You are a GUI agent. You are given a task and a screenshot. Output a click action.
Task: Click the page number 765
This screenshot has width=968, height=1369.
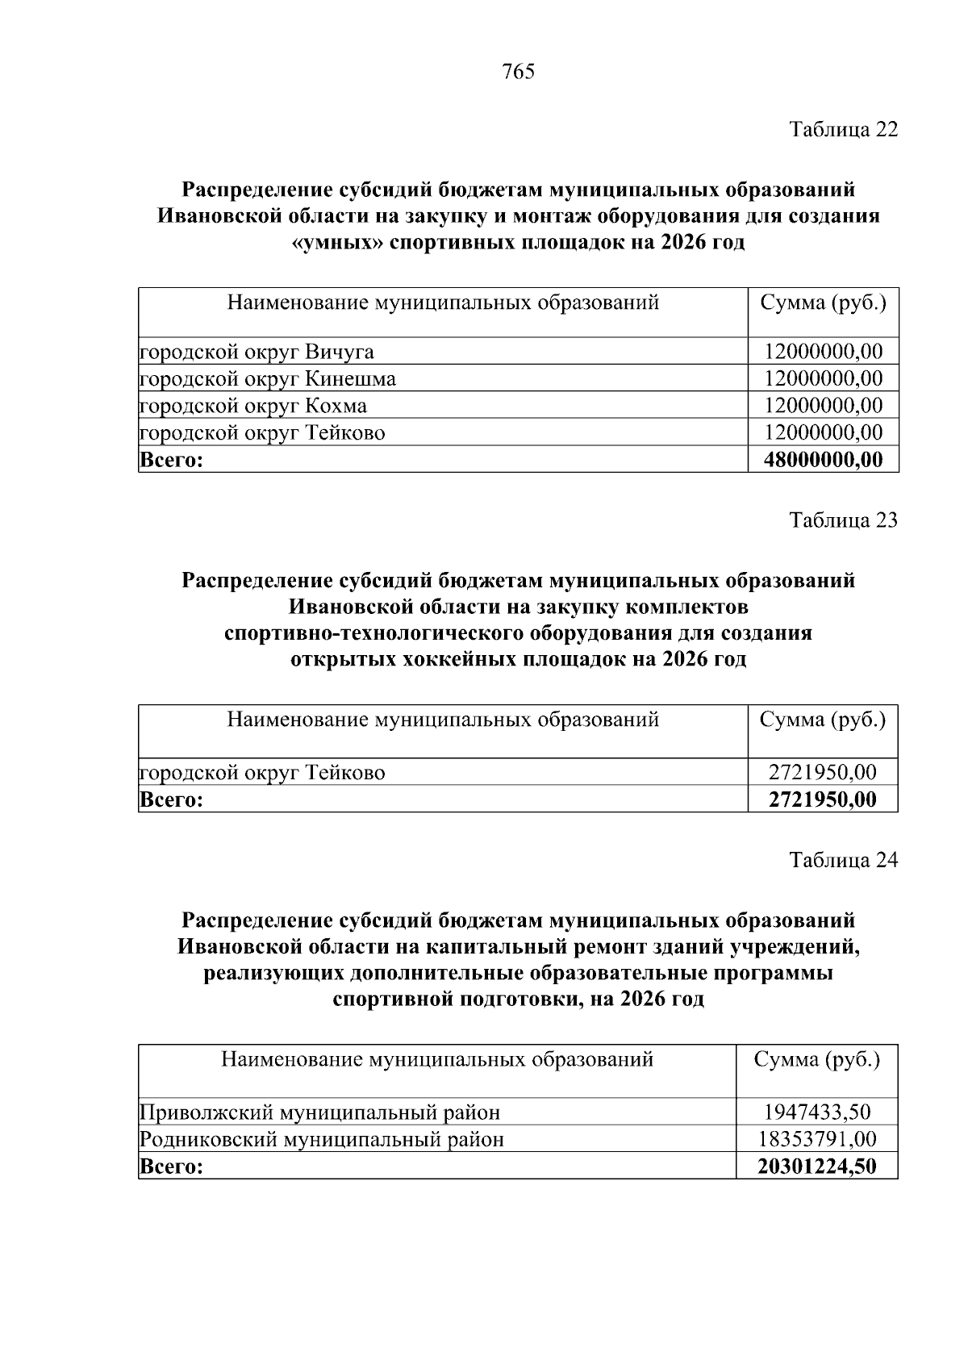pyautogui.click(x=518, y=73)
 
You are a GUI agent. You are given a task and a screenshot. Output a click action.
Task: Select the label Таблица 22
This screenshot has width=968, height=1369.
pyautogui.click(x=843, y=130)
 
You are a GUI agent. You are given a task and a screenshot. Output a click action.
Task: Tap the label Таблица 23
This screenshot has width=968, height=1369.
pyautogui.click(x=843, y=520)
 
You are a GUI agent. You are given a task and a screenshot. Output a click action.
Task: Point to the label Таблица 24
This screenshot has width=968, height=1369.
pyautogui.click(x=843, y=861)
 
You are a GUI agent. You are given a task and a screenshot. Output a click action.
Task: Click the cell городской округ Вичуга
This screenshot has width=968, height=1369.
pyautogui.click(x=257, y=353)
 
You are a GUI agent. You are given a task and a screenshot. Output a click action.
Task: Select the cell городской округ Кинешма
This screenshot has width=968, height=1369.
pyautogui.click(x=269, y=379)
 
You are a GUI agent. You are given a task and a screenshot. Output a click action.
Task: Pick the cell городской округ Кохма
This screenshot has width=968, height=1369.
pyautogui.click(x=254, y=406)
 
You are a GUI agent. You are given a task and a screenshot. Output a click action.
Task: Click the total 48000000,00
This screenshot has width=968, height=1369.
pyautogui.click(x=823, y=461)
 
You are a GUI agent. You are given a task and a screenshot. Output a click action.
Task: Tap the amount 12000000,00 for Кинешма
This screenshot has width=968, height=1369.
pyautogui.click(x=823, y=379)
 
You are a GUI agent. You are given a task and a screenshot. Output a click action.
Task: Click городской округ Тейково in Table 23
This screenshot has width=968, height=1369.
pyautogui.click(x=263, y=773)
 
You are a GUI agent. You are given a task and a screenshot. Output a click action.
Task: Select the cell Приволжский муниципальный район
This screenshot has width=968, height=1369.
pyautogui.click(x=320, y=1113)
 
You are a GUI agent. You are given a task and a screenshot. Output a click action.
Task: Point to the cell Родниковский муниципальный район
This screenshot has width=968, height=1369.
pyautogui.click(x=322, y=1140)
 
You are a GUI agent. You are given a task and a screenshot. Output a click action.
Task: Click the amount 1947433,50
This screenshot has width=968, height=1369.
pyautogui.click(x=817, y=1113)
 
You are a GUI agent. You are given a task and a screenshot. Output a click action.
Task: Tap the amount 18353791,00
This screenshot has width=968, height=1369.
pyautogui.click(x=817, y=1140)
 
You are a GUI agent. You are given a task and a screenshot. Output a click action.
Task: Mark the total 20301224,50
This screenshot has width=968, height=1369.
pyautogui.click(x=817, y=1167)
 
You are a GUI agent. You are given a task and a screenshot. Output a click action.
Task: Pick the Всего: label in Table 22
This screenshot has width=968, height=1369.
pyautogui.click(x=170, y=461)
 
